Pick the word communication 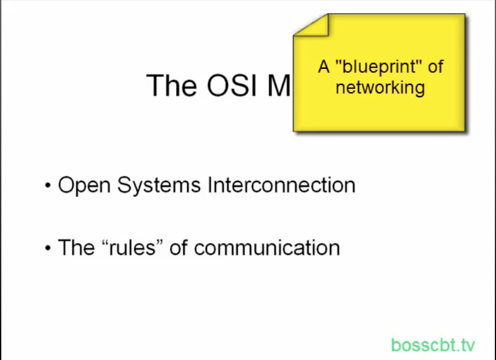[266, 248]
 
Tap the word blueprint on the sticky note [379, 66]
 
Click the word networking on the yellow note [380, 87]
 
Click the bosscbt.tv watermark [433, 345]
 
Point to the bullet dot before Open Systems [48, 187]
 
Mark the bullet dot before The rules [48, 249]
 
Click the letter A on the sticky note [324, 66]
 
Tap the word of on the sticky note [435, 66]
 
